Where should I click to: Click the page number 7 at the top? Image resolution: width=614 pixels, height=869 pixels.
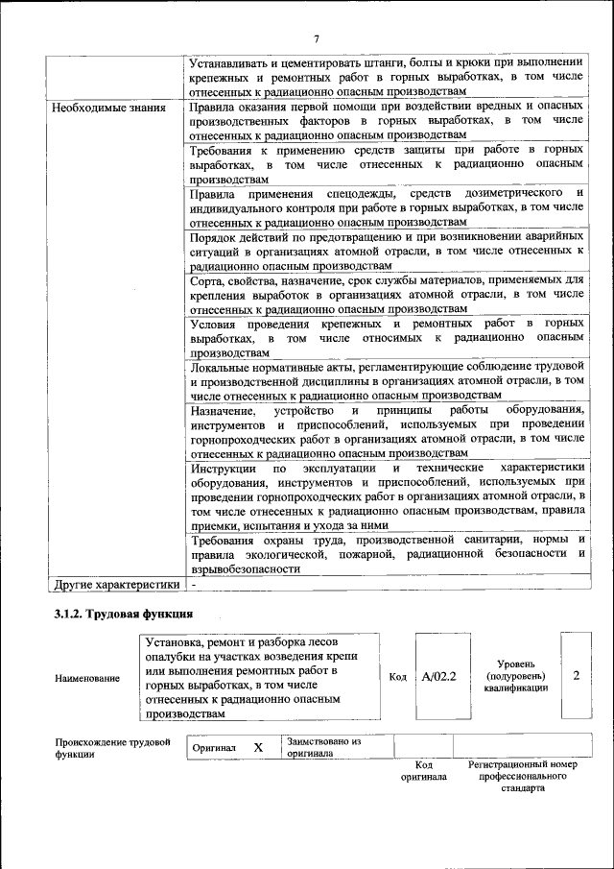pos(317,37)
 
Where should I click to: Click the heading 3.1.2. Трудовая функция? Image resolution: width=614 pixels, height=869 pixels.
pos(124,614)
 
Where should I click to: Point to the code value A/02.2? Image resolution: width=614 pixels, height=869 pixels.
pos(438,676)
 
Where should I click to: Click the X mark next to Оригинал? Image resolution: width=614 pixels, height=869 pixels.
pos(258,747)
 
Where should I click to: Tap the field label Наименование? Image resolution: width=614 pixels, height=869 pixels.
pos(87,678)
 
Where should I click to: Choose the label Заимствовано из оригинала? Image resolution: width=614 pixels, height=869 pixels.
pos(323,747)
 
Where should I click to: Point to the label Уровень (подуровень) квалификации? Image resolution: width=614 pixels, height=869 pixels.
pos(516,676)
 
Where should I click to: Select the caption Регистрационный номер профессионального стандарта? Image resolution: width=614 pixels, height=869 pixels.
pos(522,776)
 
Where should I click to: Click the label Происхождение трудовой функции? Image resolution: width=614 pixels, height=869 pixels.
pos(112,748)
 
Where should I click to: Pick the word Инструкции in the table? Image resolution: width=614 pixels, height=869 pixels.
pos(224,467)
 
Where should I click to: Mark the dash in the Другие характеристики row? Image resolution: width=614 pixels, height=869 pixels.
pos(194,584)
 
